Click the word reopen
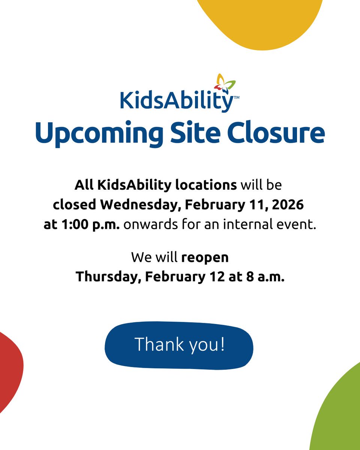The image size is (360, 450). [205, 258]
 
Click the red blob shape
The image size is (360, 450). [9, 367]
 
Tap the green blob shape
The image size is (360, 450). [339, 416]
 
